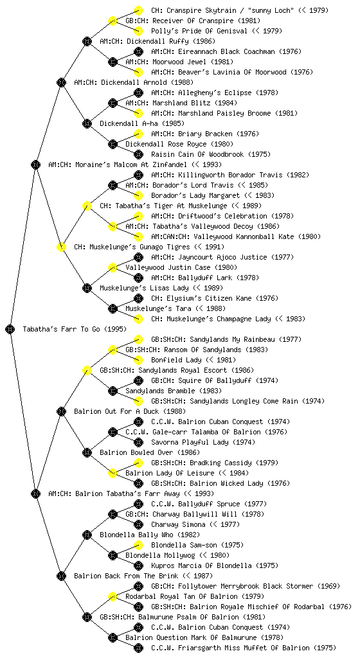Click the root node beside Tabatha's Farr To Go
pyautogui.click(x=10, y=329)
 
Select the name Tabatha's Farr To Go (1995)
pyautogui.click(x=75, y=329)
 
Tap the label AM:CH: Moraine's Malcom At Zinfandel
pyautogui.click(x=135, y=164)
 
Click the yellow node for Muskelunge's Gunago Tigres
pyautogui.click(x=61, y=247)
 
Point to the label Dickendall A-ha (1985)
pyautogui.click(x=142, y=123)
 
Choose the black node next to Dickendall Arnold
pyautogui.click(x=61, y=82)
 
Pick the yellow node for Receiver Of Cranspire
pyautogui.click(x=113, y=21)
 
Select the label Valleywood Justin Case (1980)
pyautogui.click(x=181, y=267)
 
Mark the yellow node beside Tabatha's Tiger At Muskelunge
pyautogui.click(x=87, y=206)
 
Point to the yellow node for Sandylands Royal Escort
pyautogui.click(x=87, y=370)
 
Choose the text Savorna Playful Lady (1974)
pyautogui.click(x=203, y=442)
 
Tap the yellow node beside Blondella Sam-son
pyautogui.click(x=138, y=545)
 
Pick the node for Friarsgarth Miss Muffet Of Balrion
pyautogui.click(x=138, y=648)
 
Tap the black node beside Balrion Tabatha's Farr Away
pyautogui.click(x=35, y=493)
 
